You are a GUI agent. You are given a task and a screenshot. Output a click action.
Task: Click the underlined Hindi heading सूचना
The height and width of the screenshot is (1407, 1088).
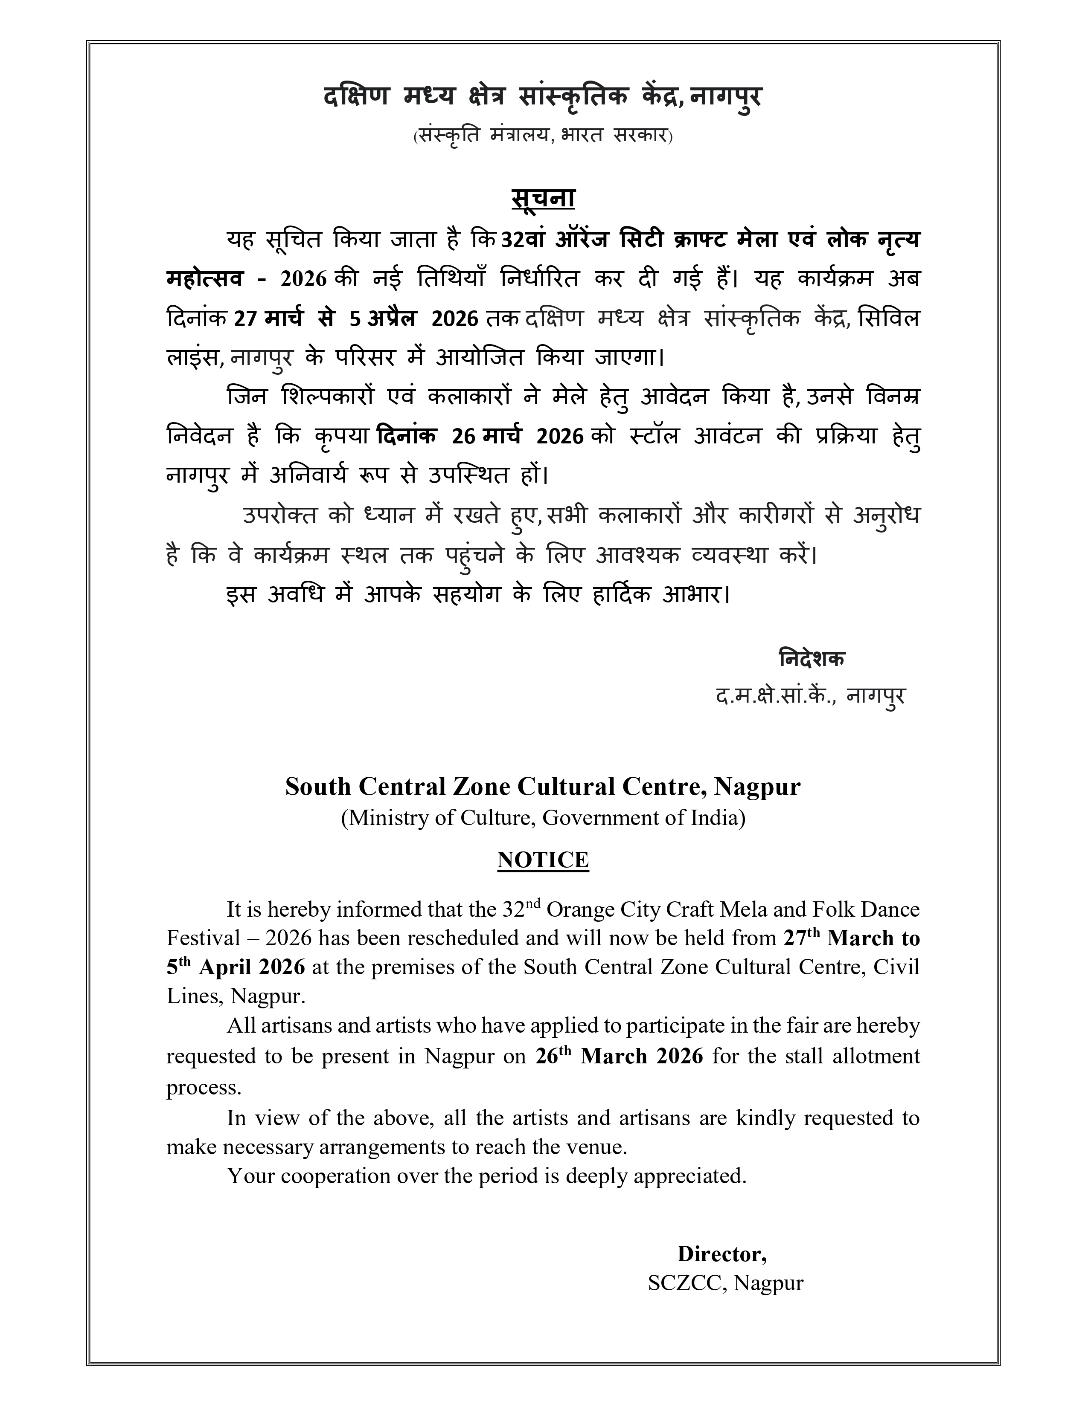click(543, 198)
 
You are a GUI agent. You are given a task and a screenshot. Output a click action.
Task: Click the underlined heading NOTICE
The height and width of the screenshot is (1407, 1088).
click(543, 860)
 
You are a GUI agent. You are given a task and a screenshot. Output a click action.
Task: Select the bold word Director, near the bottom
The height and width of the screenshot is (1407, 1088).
click(721, 1254)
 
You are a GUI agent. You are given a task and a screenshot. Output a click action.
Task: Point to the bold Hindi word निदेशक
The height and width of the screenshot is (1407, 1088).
click(812, 658)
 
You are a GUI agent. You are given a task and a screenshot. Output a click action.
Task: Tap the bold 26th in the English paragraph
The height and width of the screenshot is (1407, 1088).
click(554, 1056)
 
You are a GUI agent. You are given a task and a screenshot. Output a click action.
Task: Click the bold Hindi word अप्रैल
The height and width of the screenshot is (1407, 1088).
click(391, 318)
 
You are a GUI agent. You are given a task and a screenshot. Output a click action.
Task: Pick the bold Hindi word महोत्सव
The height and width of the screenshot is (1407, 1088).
click(205, 279)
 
